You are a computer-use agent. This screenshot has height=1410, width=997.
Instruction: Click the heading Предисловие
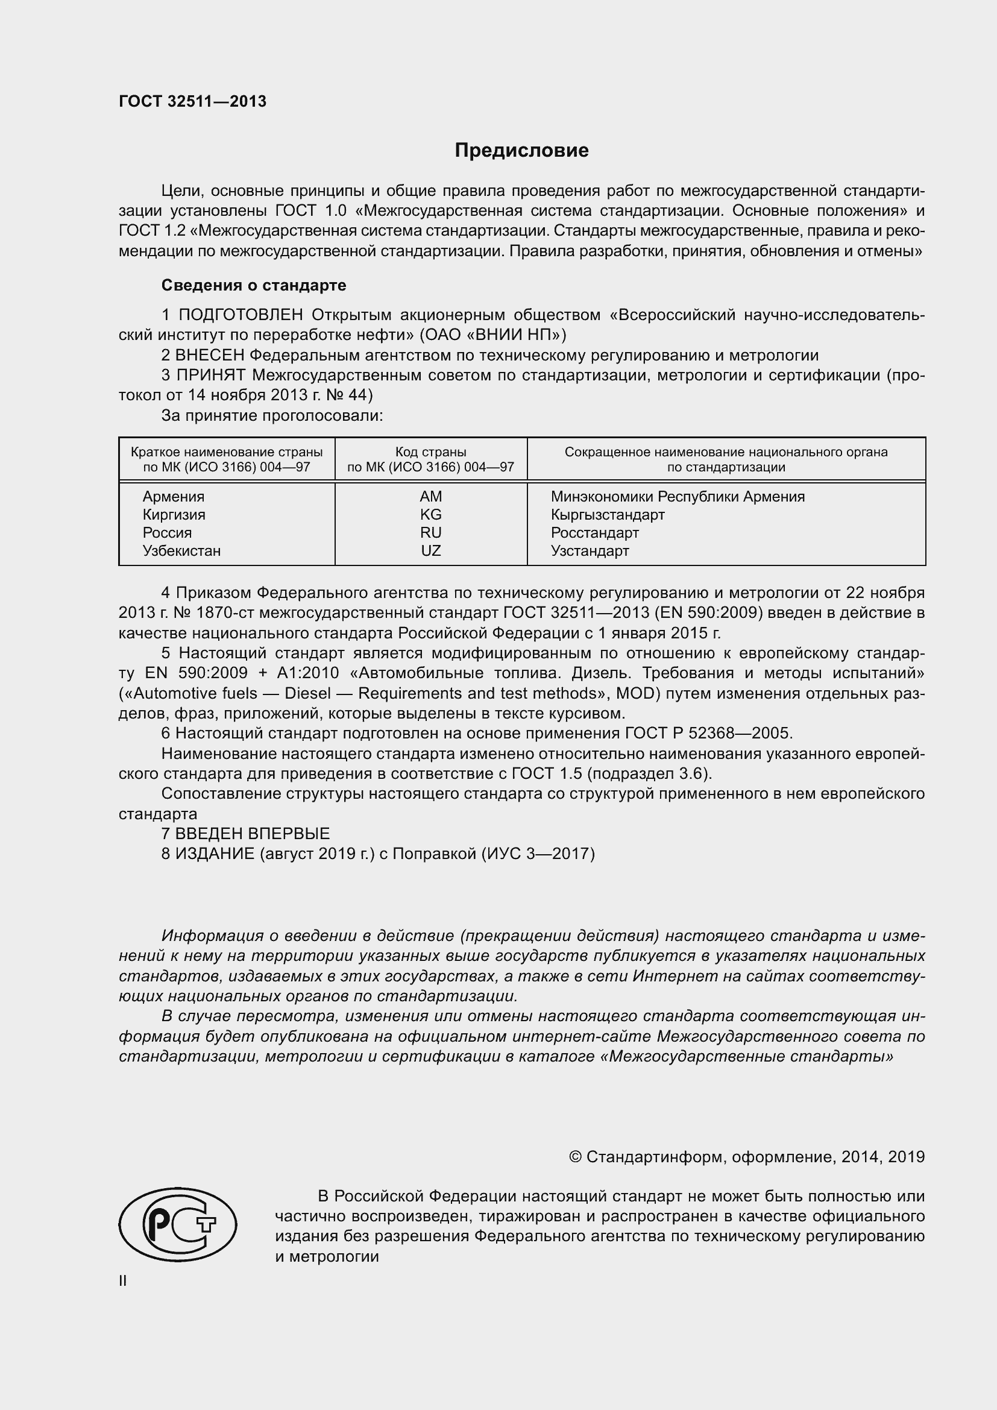click(521, 151)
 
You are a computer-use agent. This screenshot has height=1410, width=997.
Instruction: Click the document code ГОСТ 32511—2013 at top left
click(192, 102)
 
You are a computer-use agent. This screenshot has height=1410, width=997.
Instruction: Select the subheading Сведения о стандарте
click(254, 285)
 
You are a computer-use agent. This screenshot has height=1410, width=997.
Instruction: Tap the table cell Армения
click(174, 496)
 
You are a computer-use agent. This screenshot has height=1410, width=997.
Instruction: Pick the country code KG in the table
click(431, 514)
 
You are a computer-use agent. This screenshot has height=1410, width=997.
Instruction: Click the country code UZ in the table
click(431, 550)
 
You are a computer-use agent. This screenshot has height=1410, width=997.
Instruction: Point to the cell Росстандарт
click(594, 532)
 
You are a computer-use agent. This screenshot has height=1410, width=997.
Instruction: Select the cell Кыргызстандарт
click(607, 514)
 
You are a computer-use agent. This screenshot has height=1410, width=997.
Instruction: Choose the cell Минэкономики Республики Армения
click(677, 496)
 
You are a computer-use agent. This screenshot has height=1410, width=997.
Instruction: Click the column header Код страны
click(430, 452)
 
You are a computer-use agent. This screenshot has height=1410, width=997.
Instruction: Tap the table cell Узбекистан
click(181, 550)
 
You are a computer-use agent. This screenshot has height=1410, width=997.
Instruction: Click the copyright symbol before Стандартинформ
click(575, 1157)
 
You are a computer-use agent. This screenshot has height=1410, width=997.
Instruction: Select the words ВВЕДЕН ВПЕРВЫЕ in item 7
click(253, 833)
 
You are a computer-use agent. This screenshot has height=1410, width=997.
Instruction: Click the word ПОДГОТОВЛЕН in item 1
click(241, 315)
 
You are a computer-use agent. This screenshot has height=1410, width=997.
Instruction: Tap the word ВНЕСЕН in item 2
click(210, 355)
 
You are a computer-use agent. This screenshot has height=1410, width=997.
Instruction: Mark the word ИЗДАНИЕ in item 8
click(215, 854)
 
